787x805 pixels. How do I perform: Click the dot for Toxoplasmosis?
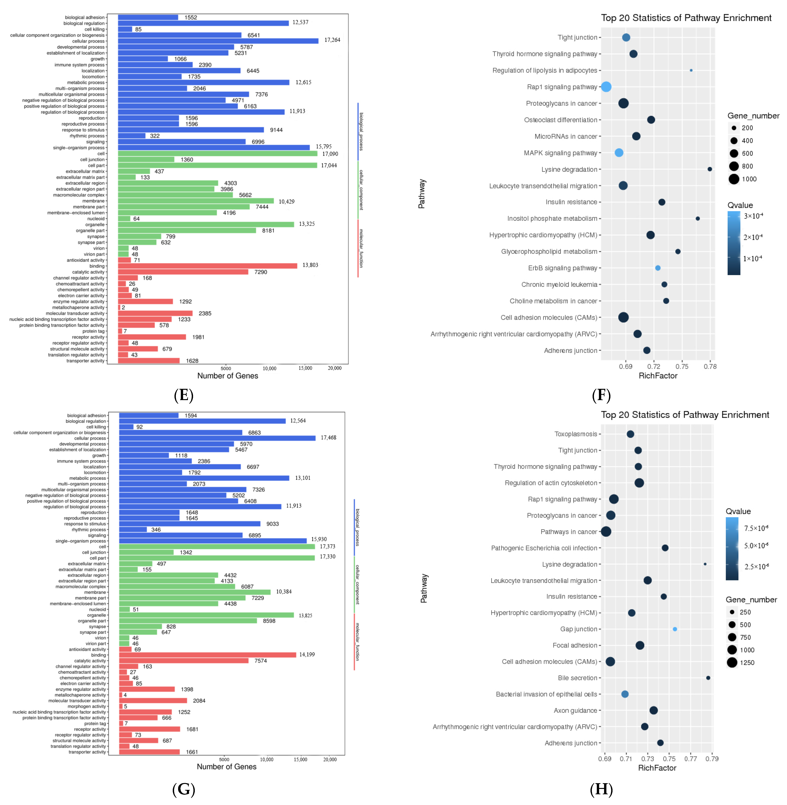(x=630, y=434)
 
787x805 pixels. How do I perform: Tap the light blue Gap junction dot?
(x=675, y=629)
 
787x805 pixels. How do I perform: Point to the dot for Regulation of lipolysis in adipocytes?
(x=691, y=70)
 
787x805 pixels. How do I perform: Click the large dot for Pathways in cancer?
(x=606, y=531)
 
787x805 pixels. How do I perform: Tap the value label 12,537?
(x=301, y=22)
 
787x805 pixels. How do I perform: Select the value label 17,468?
(x=329, y=438)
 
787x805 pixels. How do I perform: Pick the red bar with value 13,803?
(x=207, y=266)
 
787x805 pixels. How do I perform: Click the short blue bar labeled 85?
(x=125, y=29)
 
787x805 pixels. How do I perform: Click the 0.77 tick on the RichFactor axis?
(x=691, y=759)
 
